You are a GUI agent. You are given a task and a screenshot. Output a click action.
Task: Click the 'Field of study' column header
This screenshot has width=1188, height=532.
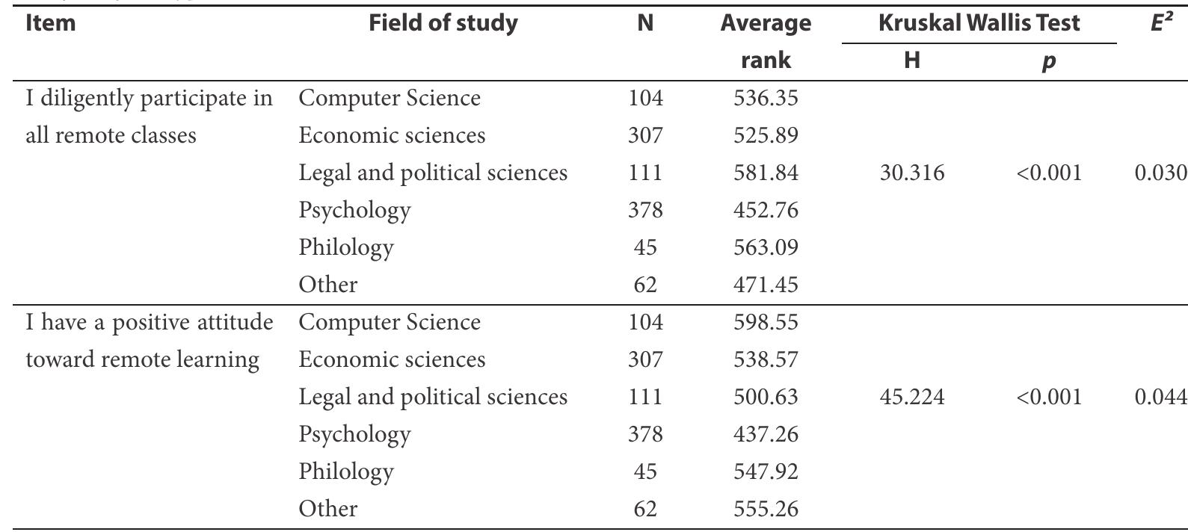click(x=444, y=23)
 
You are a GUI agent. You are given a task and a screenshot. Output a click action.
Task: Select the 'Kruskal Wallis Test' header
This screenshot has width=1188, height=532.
click(x=979, y=23)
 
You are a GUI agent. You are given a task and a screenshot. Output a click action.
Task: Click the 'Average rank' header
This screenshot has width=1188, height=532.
click(x=766, y=41)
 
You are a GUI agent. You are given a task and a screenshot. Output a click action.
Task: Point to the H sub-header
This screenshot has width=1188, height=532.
click(x=911, y=61)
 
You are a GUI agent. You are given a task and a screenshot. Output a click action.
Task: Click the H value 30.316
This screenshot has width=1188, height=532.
click(x=911, y=173)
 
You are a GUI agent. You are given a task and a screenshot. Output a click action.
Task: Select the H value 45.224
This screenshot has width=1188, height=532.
click(x=911, y=398)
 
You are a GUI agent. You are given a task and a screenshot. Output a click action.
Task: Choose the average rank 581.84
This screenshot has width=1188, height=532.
click(x=766, y=173)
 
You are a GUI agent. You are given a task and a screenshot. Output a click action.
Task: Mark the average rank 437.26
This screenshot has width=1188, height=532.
click(x=766, y=435)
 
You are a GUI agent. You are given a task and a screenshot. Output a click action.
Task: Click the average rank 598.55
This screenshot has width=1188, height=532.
click(x=766, y=323)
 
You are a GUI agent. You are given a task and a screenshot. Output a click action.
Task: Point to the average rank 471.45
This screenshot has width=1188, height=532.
click(x=766, y=285)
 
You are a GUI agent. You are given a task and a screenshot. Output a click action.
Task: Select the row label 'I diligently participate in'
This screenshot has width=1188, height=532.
click(x=149, y=99)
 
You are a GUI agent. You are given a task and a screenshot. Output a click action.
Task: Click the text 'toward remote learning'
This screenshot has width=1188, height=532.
click(x=142, y=360)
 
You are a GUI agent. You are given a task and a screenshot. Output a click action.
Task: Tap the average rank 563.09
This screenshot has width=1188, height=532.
click(x=766, y=248)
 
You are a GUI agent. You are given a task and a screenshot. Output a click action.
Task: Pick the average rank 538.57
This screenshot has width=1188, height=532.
click(x=766, y=360)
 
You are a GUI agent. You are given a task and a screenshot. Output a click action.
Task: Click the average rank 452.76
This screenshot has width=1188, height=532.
click(x=766, y=211)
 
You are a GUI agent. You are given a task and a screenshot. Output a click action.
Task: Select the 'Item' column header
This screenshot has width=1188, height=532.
click(x=51, y=23)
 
